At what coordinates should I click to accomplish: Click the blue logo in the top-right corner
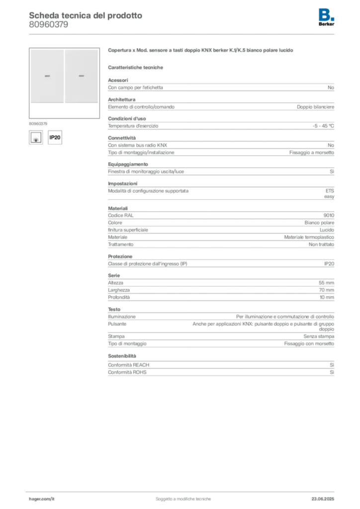coord(327,14)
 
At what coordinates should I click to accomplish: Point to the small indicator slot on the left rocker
coord(47,77)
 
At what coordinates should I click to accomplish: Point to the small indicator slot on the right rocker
coord(81,77)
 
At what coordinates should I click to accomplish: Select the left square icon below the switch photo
coord(36,137)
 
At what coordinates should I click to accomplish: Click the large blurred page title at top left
coord(85,15)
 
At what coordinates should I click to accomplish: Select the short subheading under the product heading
coord(137,67)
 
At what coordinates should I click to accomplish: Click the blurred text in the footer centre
coord(184,497)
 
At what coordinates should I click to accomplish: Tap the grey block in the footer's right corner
coord(324,496)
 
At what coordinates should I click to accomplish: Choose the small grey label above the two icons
coord(37,122)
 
